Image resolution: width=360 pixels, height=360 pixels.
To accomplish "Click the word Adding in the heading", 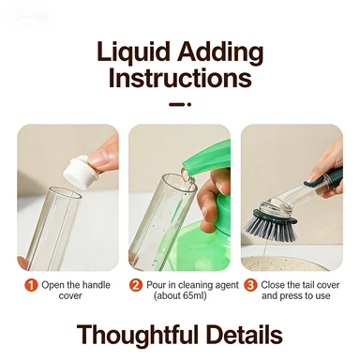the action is click(x=220, y=52).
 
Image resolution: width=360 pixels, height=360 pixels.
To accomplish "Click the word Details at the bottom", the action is click(x=244, y=335).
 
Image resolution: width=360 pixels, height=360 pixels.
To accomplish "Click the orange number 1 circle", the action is click(x=31, y=285).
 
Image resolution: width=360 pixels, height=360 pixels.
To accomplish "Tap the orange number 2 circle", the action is click(x=136, y=285).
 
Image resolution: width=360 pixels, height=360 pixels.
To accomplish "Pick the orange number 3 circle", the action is click(x=250, y=285).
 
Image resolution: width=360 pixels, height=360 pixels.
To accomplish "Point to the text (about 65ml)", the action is click(x=180, y=295).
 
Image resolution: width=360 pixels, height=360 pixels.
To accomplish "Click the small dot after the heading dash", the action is click(x=189, y=104).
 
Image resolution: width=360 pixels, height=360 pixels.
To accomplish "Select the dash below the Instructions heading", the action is click(x=177, y=104).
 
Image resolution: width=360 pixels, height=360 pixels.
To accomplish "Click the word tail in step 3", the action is click(x=307, y=285).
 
